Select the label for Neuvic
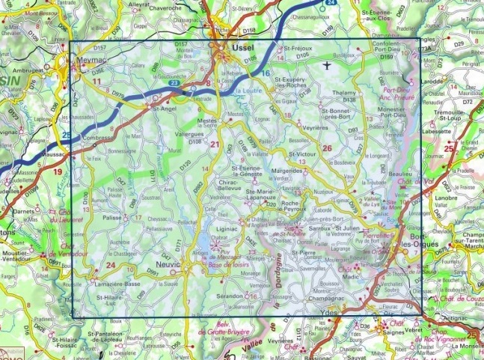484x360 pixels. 170,263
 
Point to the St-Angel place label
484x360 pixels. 164,108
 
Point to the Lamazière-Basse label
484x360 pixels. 117,285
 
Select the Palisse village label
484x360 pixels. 112,218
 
